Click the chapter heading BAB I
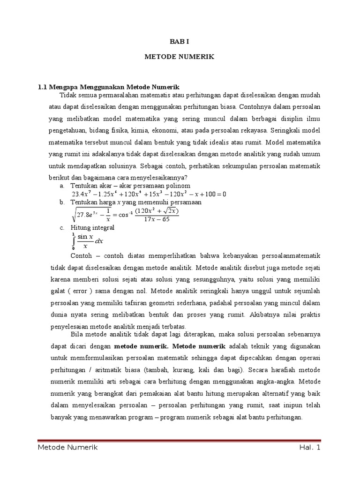click(x=180, y=41)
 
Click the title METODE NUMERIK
click(x=180, y=57)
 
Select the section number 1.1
click(x=43, y=87)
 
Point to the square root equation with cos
click(x=126, y=215)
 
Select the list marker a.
click(x=61, y=186)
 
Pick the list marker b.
click(x=61, y=202)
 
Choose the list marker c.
click(x=61, y=227)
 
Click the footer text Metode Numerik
click(x=67, y=448)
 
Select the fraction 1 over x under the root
click(x=108, y=215)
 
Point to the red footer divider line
click(x=180, y=440)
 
